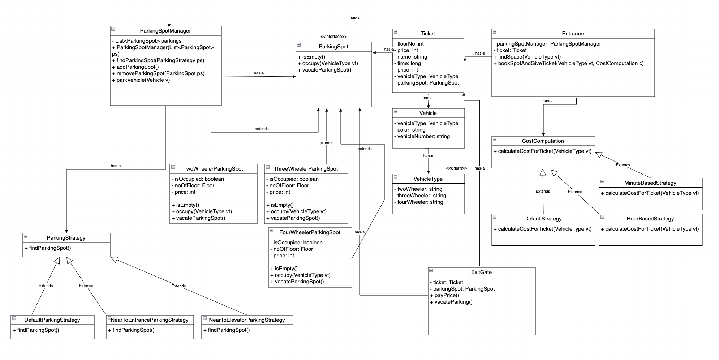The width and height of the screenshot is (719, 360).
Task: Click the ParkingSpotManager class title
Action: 165,31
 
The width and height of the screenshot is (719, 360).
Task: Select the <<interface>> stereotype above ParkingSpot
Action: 333,37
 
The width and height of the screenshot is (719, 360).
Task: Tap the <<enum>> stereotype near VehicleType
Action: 456,168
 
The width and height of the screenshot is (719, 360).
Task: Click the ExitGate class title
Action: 481,272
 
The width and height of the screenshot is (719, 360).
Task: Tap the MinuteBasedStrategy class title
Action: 650,183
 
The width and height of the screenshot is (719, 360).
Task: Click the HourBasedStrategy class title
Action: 650,219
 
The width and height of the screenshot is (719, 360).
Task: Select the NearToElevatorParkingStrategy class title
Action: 247,320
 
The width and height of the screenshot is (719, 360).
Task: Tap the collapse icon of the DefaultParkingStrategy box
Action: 14,318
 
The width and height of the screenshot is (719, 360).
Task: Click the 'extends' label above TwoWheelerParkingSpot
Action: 262,129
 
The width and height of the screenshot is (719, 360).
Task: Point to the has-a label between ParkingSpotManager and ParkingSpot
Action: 259,73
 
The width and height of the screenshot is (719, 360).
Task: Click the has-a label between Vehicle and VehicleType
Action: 428,156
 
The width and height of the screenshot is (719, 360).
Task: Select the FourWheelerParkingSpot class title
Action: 310,232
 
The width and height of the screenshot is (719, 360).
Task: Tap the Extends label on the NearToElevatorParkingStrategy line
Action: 178,286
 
